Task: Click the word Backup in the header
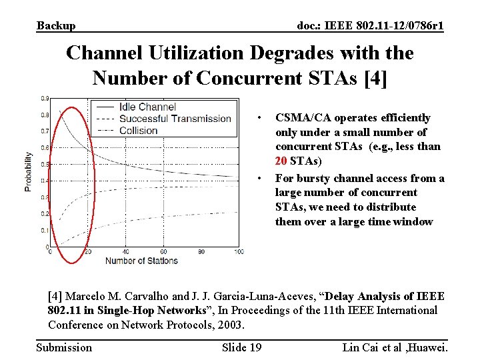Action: point(56,26)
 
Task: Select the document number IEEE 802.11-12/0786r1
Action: point(370,26)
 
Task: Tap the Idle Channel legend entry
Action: point(147,107)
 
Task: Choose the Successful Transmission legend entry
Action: point(175,119)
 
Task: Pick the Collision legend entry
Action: point(138,131)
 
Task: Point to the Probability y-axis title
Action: point(29,172)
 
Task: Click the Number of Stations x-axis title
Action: point(141,261)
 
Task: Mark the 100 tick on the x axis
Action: point(238,252)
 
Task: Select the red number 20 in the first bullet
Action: point(281,161)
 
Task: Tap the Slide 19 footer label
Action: point(241,347)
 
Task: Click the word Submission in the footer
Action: point(64,347)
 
